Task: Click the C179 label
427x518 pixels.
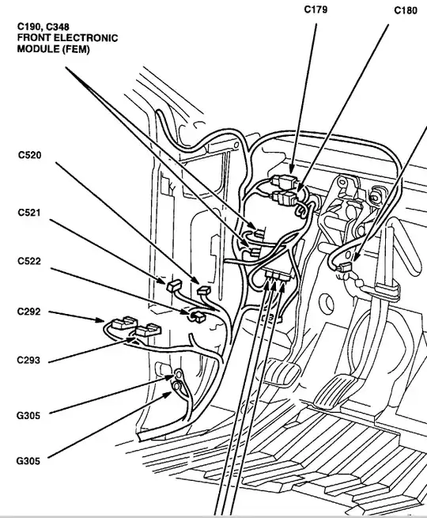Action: pyautogui.click(x=316, y=9)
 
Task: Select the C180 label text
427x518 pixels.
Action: pyautogui.click(x=406, y=10)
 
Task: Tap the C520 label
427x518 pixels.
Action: pyautogui.click(x=30, y=155)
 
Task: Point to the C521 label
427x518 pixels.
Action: pyautogui.click(x=29, y=213)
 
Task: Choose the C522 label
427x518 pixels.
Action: pyautogui.click(x=29, y=261)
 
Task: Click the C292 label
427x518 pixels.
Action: pyautogui.click(x=29, y=312)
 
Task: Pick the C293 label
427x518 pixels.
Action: pyautogui.click(x=28, y=360)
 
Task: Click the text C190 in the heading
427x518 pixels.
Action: pyautogui.click(x=29, y=26)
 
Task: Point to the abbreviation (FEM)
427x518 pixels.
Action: pyautogui.click(x=75, y=50)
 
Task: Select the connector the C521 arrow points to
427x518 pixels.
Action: pyautogui.click(x=174, y=285)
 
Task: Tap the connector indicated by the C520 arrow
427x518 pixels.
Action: pyautogui.click(x=203, y=291)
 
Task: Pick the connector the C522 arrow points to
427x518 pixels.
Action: pyautogui.click(x=197, y=317)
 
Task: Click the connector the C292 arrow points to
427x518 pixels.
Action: pyautogui.click(x=124, y=323)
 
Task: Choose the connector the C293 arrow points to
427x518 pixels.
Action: pyautogui.click(x=148, y=330)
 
